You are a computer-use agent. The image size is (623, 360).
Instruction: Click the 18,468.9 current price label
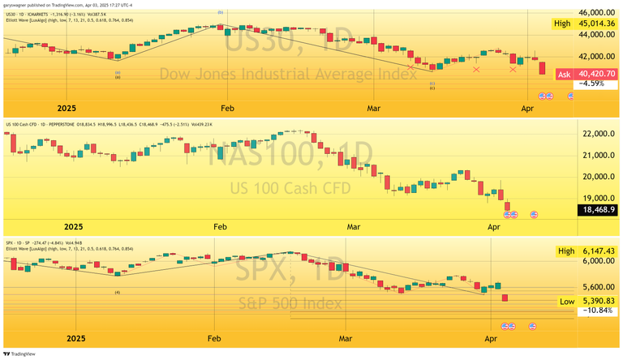coord(599,209)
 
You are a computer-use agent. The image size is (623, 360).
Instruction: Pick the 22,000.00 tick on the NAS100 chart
coord(599,134)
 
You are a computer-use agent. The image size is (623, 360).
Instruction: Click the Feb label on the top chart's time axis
coord(226,107)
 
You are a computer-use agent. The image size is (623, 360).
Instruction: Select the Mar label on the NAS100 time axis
coord(353,226)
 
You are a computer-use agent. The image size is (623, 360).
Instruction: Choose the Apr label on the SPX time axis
coord(491,336)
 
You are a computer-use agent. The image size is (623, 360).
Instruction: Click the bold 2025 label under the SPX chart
coord(75,336)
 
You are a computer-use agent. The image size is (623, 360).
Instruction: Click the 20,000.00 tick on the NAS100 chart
coord(599,177)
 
